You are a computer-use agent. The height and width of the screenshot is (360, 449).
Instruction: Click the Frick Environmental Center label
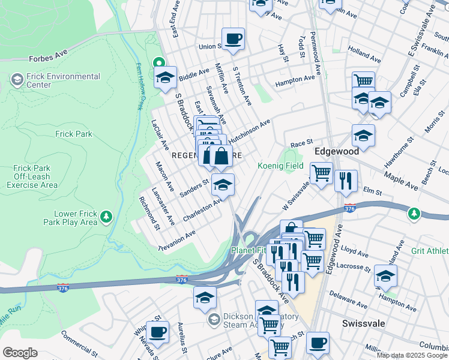[x=63, y=80]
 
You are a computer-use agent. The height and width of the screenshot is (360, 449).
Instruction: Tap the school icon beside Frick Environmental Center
[x=16, y=79]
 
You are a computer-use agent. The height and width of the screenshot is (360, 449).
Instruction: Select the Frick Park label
[x=73, y=134]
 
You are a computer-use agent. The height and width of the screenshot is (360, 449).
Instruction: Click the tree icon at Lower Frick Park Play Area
[x=106, y=216]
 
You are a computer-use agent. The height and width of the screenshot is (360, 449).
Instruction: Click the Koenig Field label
[x=280, y=166]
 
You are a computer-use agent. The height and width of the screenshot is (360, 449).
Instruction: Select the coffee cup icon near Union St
[x=233, y=39]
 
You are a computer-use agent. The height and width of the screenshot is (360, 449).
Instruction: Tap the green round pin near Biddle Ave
[x=158, y=62]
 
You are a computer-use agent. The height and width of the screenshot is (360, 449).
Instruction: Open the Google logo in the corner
[x=20, y=353]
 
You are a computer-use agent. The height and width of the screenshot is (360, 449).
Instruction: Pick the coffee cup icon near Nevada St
[x=157, y=331]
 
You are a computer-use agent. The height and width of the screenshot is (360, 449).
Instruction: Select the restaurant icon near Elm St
[x=346, y=180]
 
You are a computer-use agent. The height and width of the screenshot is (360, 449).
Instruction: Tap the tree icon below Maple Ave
[x=414, y=213]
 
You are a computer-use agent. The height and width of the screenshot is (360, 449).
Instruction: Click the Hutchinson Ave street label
[x=249, y=129]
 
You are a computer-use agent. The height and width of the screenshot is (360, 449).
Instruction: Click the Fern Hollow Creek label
[x=137, y=86]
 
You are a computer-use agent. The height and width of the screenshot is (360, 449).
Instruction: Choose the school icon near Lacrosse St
[x=385, y=276]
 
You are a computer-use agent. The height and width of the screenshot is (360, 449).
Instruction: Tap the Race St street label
[x=298, y=145]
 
